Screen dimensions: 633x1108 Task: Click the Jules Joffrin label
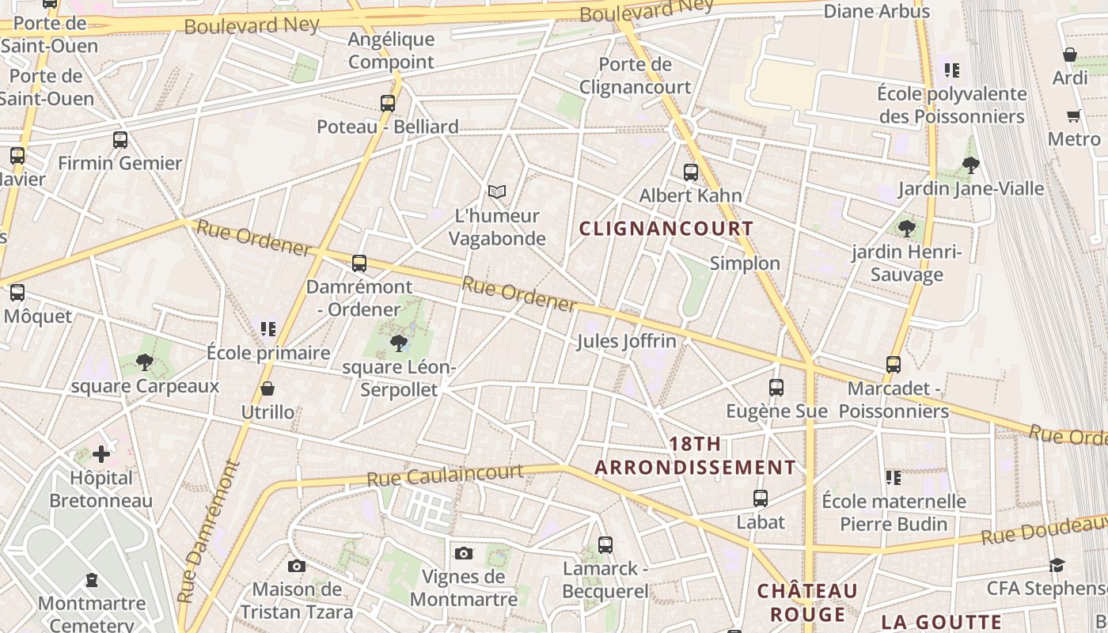[627, 341]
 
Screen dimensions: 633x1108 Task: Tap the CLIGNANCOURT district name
[666, 229]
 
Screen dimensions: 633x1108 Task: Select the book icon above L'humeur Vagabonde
[496, 191]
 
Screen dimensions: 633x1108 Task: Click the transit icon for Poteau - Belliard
[388, 103]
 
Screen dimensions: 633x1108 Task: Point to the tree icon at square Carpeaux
[144, 362]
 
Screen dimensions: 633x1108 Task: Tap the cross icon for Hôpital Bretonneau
[101, 454]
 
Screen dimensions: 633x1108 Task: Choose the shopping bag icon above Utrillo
[268, 389]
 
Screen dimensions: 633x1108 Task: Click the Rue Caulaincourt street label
[445, 476]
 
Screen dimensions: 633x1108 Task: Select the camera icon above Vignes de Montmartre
[464, 552]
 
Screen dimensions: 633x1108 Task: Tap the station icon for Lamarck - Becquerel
[605, 544]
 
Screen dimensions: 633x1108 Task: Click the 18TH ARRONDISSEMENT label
[695, 456]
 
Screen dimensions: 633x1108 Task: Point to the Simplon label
[745, 263]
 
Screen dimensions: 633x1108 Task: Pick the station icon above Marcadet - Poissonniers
[894, 364]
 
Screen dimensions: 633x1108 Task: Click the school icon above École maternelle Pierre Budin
[894, 477]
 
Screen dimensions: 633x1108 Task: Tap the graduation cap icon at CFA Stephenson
[1057, 565]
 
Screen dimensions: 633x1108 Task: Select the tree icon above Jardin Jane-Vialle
[971, 165]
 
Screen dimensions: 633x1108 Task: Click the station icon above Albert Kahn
[691, 172]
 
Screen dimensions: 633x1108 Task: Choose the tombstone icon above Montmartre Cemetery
[92, 580]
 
